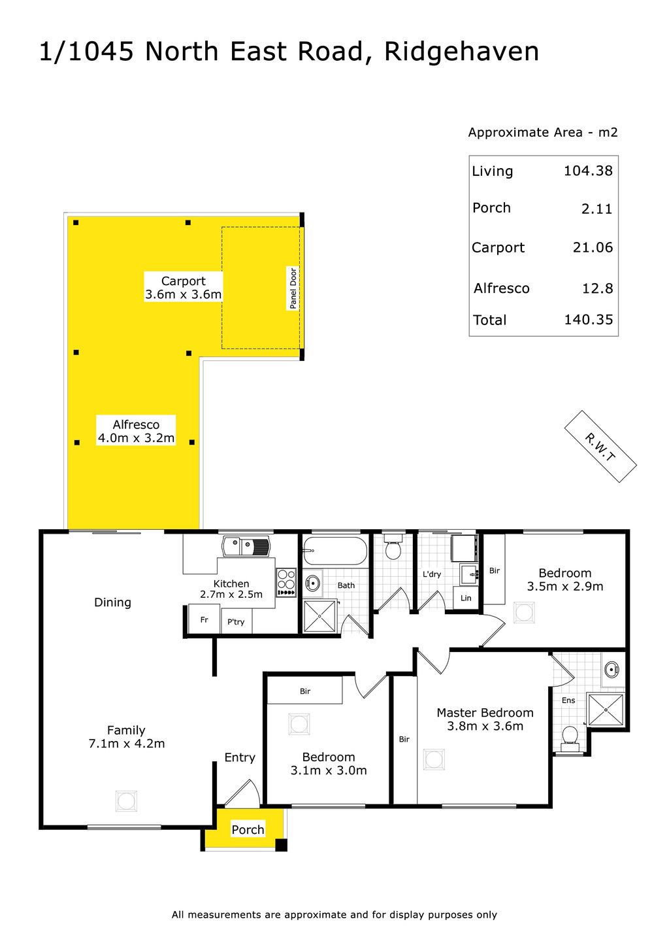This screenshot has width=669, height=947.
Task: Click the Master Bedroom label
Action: pyautogui.click(x=485, y=713)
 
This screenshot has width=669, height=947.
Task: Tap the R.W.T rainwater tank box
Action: pyautogui.click(x=600, y=447)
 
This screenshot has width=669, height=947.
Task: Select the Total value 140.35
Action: pyautogui.click(x=589, y=320)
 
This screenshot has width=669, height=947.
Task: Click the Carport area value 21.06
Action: pyautogui.click(x=593, y=247)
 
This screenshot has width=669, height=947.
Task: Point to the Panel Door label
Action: pyautogui.click(x=293, y=288)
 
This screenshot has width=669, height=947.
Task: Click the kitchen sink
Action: pyautogui.click(x=246, y=547)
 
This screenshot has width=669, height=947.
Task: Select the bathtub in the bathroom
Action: pyautogui.click(x=335, y=551)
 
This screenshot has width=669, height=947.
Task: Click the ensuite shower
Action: pyautogui.click(x=606, y=710)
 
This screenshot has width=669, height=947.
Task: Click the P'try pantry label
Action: pyautogui.click(x=236, y=622)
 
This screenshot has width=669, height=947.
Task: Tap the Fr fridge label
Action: pyautogui.click(x=204, y=620)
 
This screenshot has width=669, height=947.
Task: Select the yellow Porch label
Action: pyautogui.click(x=248, y=830)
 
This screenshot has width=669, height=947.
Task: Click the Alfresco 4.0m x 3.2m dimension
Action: pyautogui.click(x=136, y=438)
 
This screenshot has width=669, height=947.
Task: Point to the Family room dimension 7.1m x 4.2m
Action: pyautogui.click(x=127, y=744)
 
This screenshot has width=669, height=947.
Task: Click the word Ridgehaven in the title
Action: pyautogui.click(x=461, y=53)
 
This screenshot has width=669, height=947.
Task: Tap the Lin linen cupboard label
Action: pyautogui.click(x=466, y=598)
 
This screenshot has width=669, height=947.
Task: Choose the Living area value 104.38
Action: pyautogui.click(x=589, y=171)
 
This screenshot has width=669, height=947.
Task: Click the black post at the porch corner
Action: pyautogui.click(x=282, y=845)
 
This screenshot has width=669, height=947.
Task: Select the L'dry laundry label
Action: pyautogui.click(x=432, y=574)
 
